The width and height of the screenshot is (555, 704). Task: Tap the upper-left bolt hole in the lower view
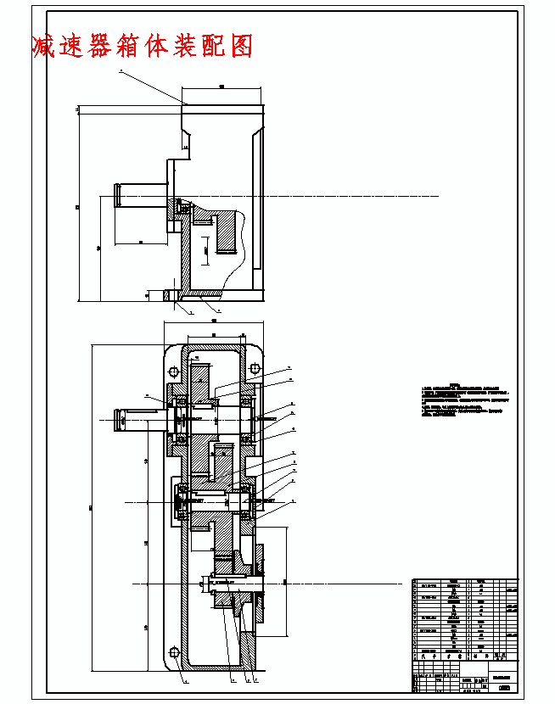[x=174, y=371]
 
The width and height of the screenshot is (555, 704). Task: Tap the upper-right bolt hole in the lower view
[x=252, y=368]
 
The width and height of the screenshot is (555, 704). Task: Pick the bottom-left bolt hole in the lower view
[x=174, y=651]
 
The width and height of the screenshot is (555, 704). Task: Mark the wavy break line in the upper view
[x=243, y=246]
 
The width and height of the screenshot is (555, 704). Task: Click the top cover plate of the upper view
[x=223, y=108]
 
